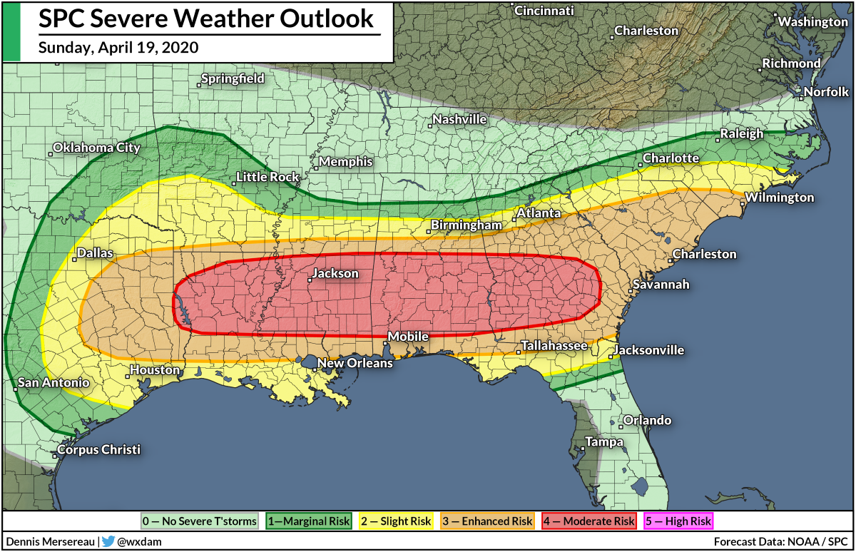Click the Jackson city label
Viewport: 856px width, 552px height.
[336, 274]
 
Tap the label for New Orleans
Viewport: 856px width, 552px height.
[355, 363]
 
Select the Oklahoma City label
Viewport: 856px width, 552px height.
[96, 148]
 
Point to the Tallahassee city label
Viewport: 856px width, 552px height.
[554, 346]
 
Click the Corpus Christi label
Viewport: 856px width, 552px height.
[98, 450]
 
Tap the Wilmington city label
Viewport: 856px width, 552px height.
[779, 198]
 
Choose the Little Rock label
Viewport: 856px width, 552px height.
[267, 177]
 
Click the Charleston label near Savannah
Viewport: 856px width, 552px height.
[705, 254]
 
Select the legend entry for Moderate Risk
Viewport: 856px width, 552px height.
[589, 521]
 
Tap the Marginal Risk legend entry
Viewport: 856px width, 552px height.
[308, 521]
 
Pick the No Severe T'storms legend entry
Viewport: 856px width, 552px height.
[199, 521]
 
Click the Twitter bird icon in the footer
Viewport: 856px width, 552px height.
[108, 541]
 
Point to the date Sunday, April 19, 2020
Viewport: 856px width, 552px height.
[118, 48]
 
